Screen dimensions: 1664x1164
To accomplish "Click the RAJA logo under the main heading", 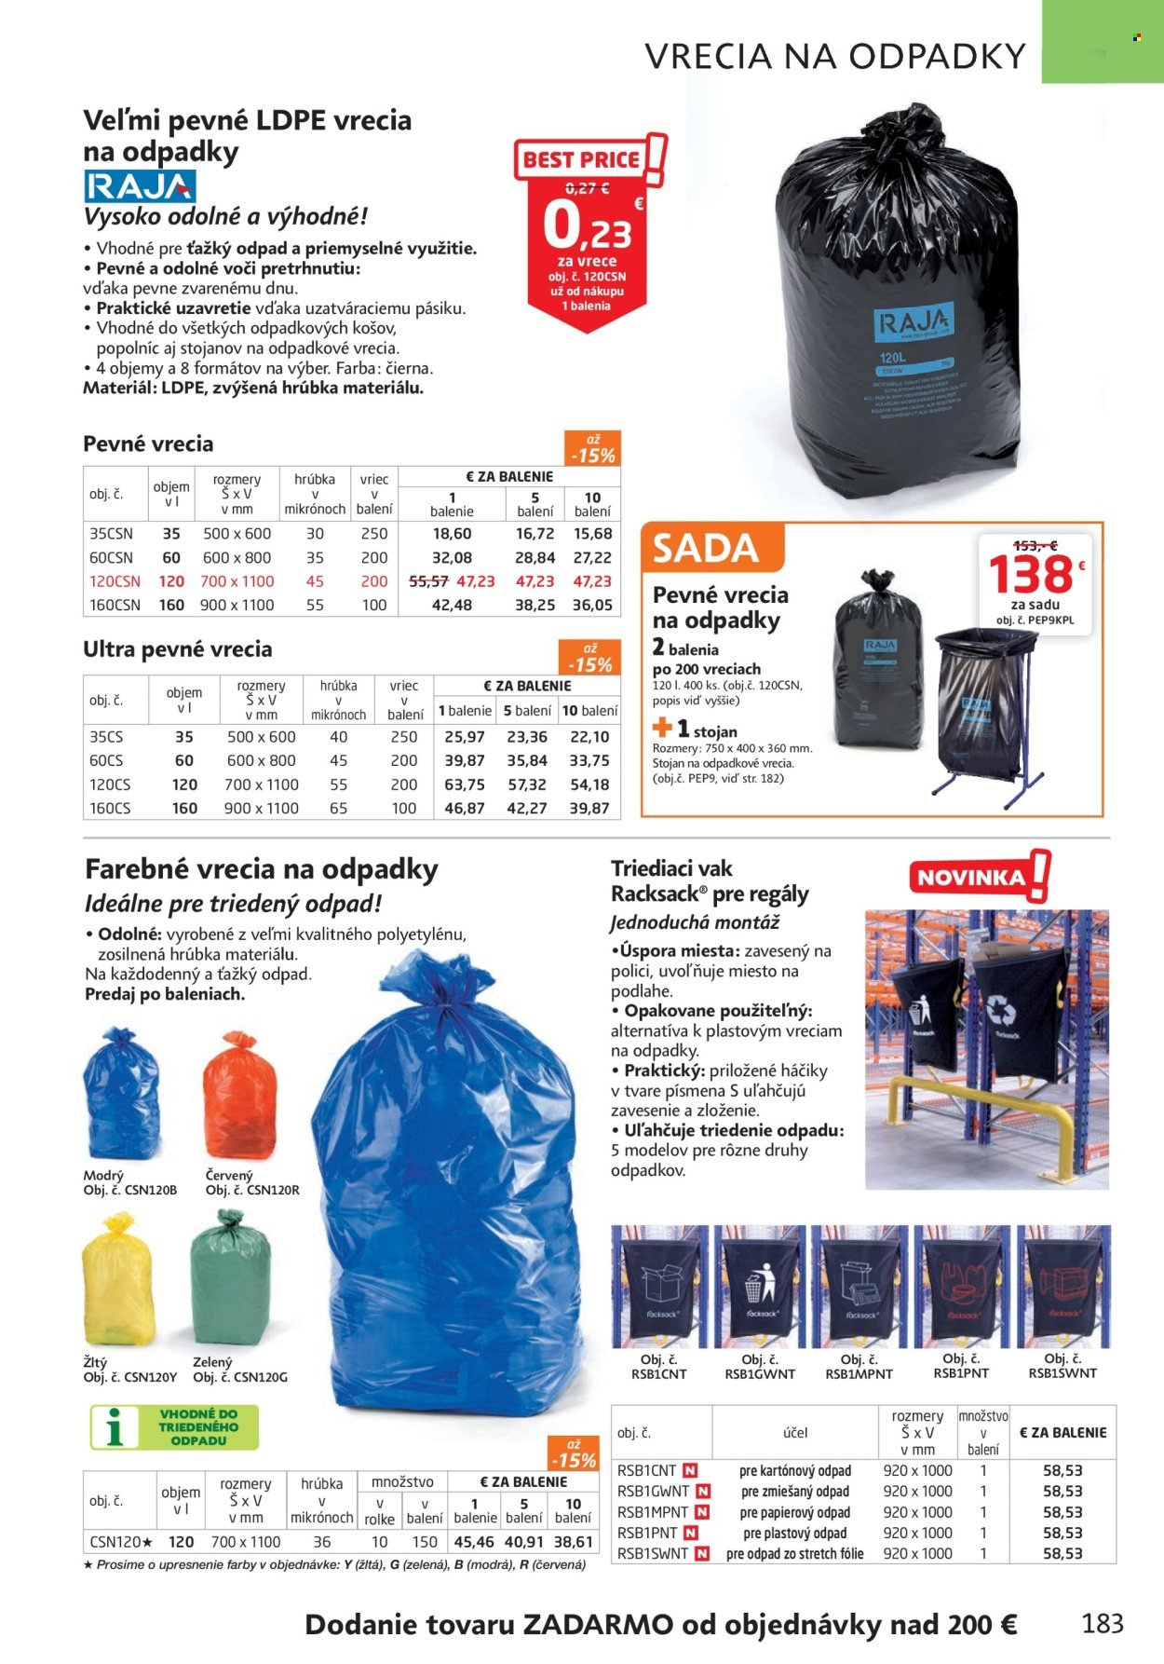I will (x=140, y=186).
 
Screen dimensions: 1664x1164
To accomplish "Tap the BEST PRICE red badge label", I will (x=581, y=159).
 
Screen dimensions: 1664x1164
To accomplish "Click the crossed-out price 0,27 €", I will (x=587, y=188).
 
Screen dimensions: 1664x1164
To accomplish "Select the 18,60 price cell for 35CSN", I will (x=452, y=534).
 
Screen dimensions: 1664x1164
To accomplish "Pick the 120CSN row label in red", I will (x=115, y=581).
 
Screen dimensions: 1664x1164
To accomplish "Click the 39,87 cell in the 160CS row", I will (x=589, y=808).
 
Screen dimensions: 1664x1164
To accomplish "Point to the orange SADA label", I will (x=706, y=548).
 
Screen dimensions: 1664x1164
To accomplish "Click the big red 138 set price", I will (x=1030, y=574).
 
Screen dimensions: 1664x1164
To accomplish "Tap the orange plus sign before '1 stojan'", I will (x=662, y=728).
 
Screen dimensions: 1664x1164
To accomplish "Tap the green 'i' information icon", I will (x=116, y=1427).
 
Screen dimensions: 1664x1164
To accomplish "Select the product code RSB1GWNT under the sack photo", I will (x=759, y=1373).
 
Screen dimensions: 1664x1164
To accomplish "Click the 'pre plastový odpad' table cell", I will (x=794, y=1533).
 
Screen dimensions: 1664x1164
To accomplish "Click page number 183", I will (x=1103, y=1623).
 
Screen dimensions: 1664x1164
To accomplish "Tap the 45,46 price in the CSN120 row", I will (x=474, y=1542).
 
